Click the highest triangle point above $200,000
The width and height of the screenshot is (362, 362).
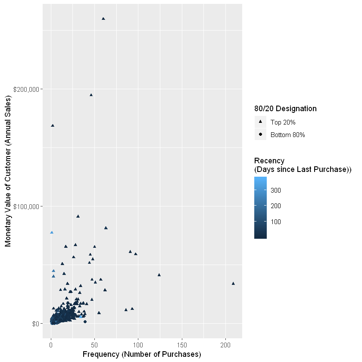point(103,19)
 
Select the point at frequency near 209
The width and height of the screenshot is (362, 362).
point(233,284)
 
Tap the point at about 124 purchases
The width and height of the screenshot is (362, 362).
point(159,275)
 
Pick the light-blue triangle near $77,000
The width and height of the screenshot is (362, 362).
point(52,233)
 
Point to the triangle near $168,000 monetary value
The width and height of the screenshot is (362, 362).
point(53,125)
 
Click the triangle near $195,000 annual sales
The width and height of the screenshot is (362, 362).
point(91,95)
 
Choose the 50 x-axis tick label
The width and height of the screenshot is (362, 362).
point(94,346)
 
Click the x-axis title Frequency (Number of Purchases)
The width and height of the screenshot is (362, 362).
point(142,354)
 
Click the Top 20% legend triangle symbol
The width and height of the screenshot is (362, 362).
point(261,122)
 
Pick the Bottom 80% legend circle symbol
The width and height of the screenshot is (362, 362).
point(261,135)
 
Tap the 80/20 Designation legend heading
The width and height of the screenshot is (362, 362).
point(286,109)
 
